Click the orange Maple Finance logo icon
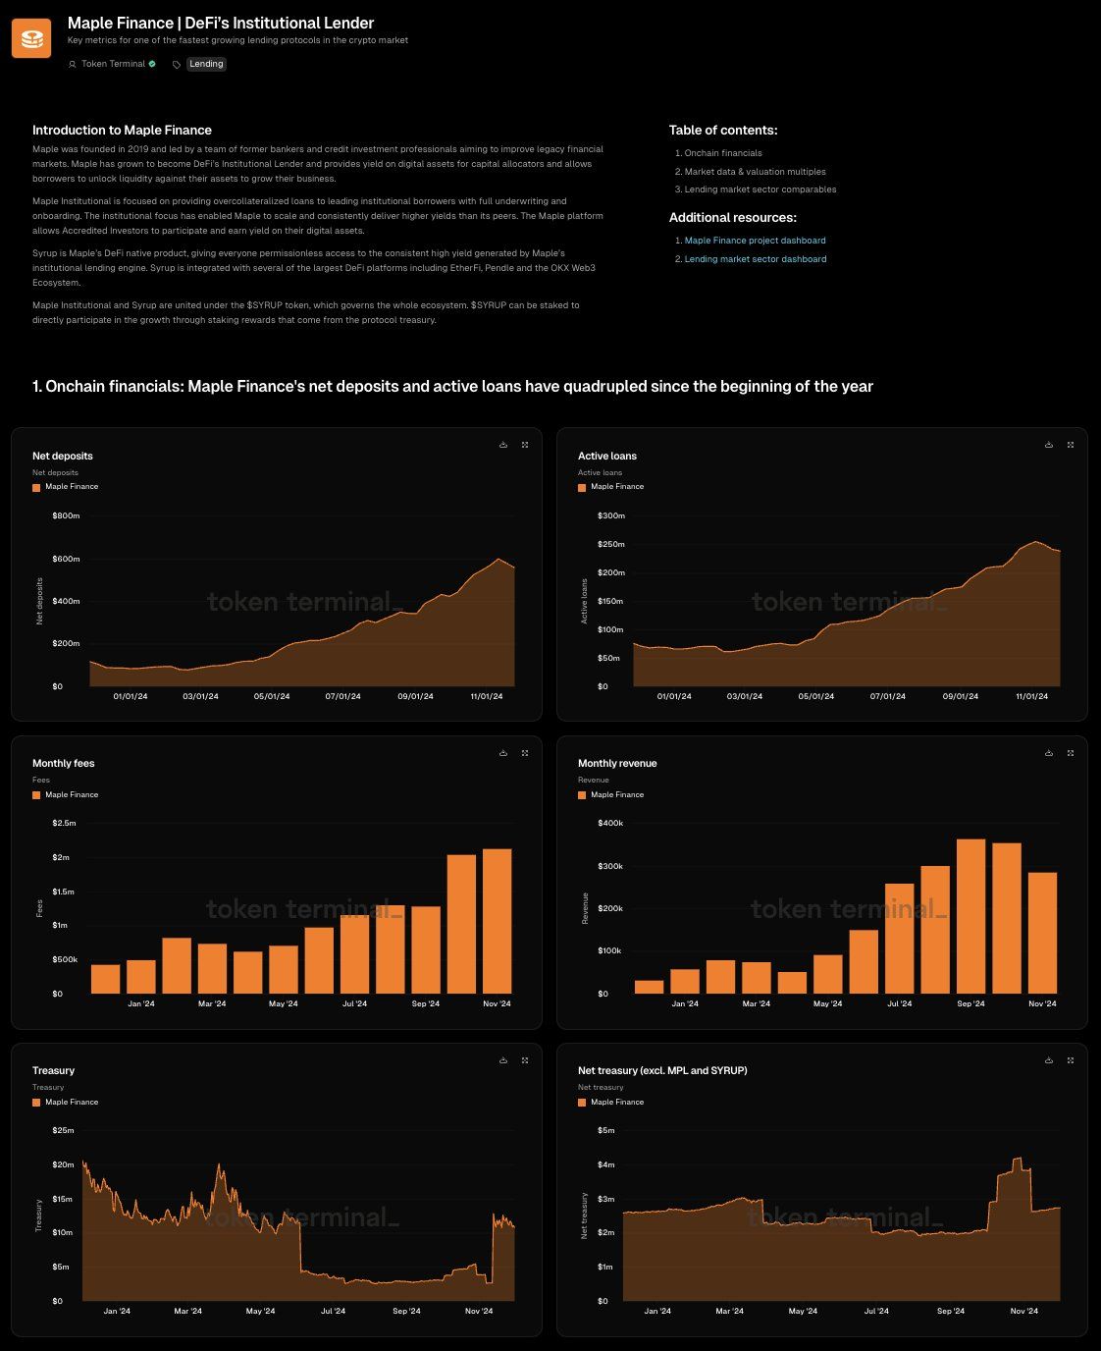tap(31, 38)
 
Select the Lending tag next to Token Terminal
tap(206, 64)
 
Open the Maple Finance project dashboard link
tap(755, 241)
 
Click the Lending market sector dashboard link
tap(755, 259)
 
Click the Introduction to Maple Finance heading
tap(122, 130)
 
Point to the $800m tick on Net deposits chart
tap(66, 515)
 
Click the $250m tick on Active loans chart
tap(610, 544)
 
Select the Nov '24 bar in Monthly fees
tap(497, 921)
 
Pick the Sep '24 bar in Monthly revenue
tap(970, 916)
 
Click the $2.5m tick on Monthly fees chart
tap(64, 823)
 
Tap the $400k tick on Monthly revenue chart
tap(609, 823)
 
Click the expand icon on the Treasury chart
tap(525, 1060)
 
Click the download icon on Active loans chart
tap(1049, 445)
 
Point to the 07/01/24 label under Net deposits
tap(342, 696)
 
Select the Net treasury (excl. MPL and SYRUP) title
tap(662, 1070)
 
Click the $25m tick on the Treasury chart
tap(64, 1130)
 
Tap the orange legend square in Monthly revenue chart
tap(582, 795)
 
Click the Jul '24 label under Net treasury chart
tap(876, 1311)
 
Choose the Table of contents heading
tap(722, 130)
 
